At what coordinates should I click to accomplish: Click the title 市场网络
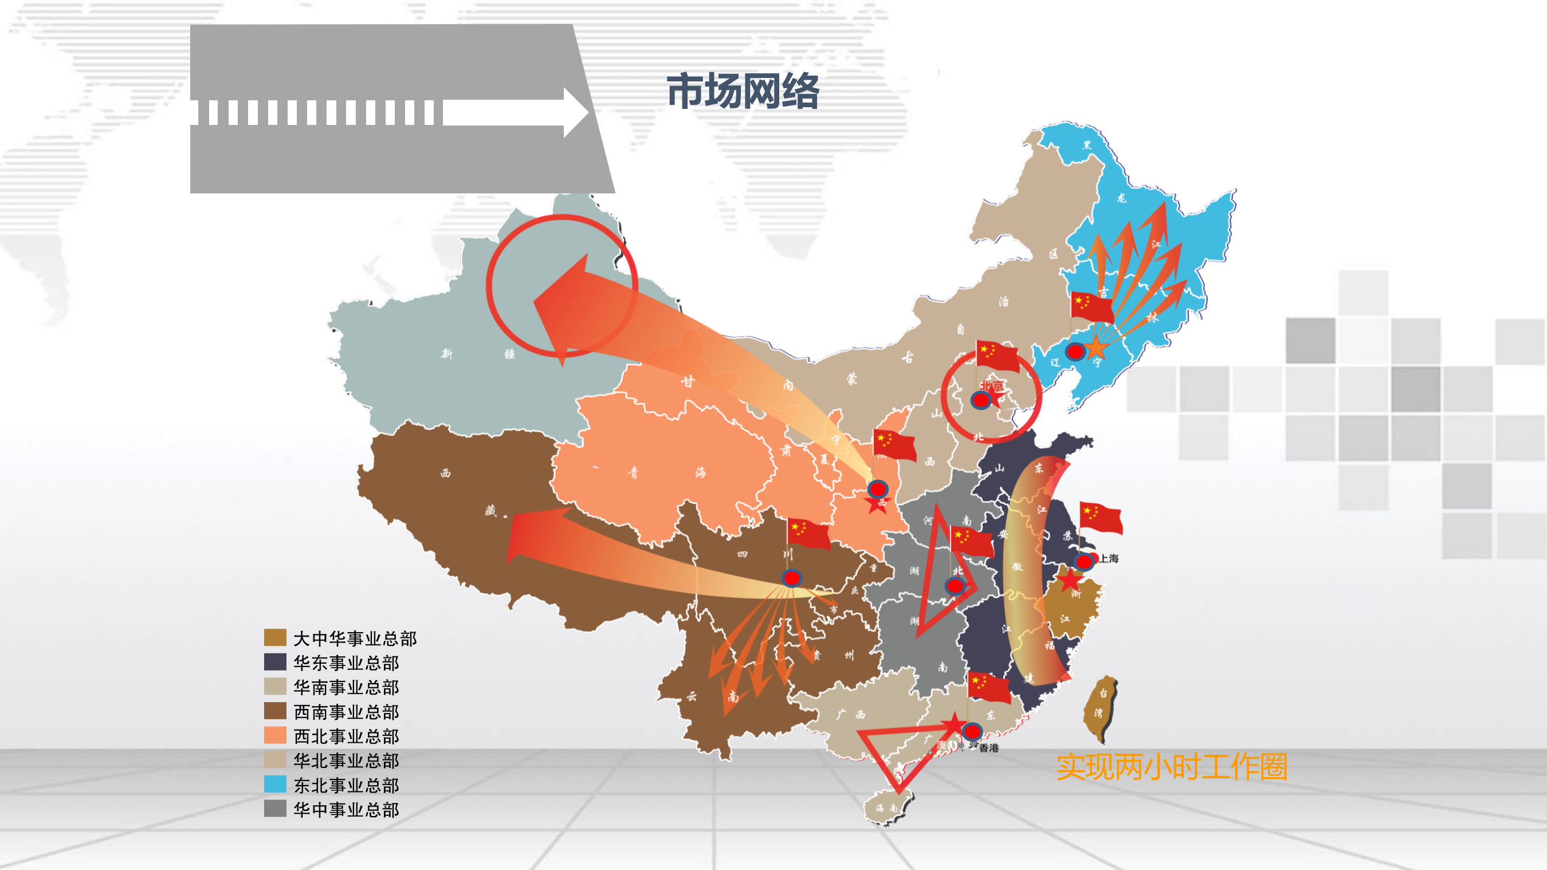click(743, 91)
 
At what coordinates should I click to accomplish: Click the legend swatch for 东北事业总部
click(275, 784)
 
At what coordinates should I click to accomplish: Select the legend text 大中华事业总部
click(355, 638)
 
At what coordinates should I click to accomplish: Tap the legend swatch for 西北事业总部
click(275, 735)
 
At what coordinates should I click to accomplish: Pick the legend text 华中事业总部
click(347, 809)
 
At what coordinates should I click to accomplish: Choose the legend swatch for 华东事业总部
click(275, 661)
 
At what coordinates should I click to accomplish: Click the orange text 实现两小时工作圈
click(1172, 767)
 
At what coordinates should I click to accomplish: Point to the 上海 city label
click(1109, 558)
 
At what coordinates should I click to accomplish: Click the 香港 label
click(988, 748)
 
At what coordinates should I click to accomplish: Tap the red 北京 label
click(992, 386)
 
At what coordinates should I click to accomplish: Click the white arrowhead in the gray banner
click(575, 112)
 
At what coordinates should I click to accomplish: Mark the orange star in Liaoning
click(1096, 347)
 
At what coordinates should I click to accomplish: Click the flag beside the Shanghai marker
click(1101, 518)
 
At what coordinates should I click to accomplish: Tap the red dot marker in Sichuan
click(791, 578)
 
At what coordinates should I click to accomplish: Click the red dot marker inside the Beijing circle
click(981, 399)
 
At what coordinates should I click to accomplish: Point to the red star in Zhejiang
click(1070, 580)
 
